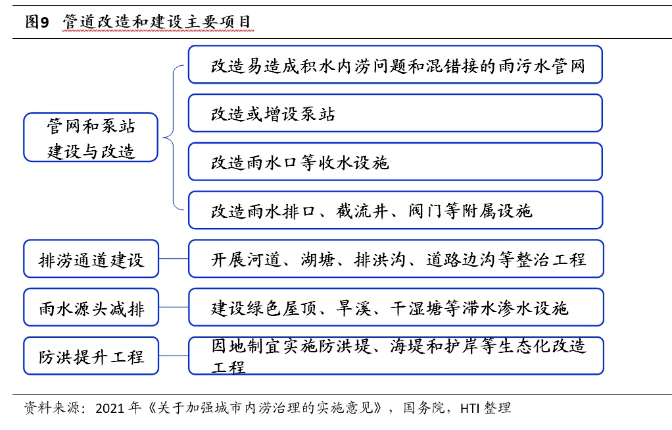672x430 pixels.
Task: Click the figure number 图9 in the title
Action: tap(37, 22)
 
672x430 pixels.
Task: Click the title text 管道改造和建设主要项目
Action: tap(157, 22)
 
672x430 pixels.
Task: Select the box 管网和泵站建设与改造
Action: tap(91, 137)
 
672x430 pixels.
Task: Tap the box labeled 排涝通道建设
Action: tap(91, 259)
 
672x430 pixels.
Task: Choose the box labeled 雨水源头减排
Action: tap(91, 307)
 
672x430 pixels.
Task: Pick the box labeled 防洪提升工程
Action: tap(91, 356)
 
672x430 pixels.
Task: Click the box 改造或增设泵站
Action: tap(395, 113)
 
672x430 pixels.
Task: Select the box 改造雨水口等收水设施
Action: tap(395, 161)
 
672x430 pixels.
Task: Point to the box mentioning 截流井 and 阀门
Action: tap(395, 210)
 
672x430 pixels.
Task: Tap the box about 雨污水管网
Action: tap(395, 65)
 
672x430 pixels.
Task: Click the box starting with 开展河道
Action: tap(395, 259)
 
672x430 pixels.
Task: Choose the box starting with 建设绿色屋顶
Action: tap(395, 307)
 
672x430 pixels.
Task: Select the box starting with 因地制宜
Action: tap(395, 356)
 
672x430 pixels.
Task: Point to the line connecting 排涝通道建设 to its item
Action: tap(174, 259)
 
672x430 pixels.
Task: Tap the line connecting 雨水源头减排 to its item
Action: tap(174, 307)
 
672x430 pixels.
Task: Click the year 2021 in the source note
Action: tap(110, 408)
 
